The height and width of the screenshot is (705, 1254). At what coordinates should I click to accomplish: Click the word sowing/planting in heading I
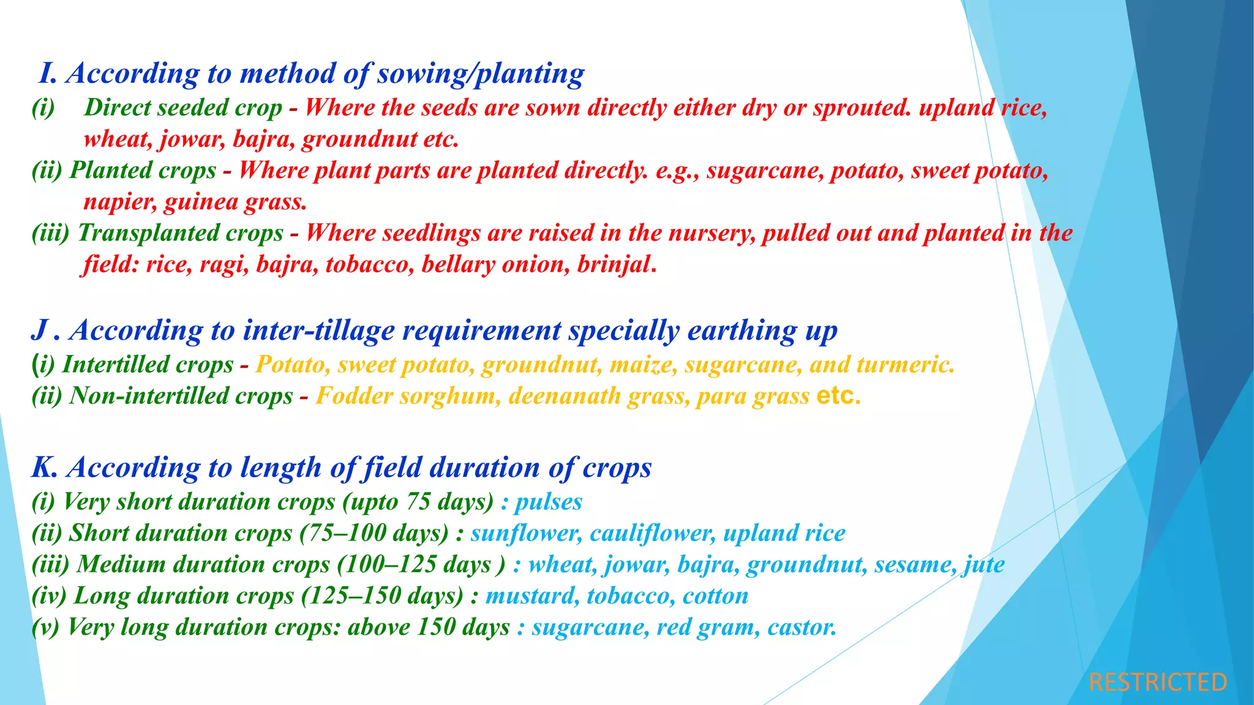tap(480, 73)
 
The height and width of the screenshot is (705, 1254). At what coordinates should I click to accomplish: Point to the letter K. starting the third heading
tap(44, 468)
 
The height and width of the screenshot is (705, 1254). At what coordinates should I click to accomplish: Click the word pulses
tap(548, 502)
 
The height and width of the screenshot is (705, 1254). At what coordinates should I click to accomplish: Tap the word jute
tap(984, 564)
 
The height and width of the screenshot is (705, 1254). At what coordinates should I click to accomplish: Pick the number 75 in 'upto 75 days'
tap(419, 502)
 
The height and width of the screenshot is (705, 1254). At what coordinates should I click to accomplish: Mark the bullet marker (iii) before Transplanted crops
tap(50, 233)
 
